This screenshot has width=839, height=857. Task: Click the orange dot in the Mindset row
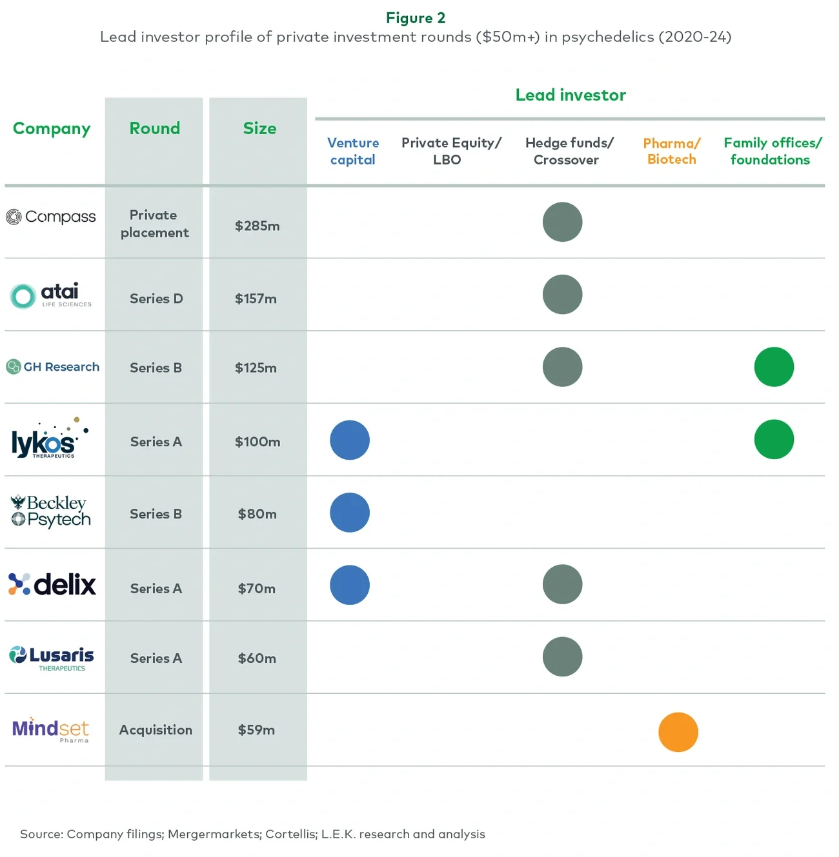[x=678, y=732]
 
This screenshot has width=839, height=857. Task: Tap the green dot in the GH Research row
[x=773, y=367]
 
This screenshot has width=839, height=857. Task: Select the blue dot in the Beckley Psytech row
[x=349, y=513]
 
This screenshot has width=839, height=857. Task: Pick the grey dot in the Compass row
[x=562, y=222]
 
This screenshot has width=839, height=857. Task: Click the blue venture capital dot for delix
[x=349, y=585]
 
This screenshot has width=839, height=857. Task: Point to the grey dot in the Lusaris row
[x=562, y=656]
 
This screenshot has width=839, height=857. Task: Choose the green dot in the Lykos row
[x=773, y=439]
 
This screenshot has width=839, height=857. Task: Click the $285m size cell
[x=257, y=226]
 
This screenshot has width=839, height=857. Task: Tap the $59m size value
[x=256, y=730]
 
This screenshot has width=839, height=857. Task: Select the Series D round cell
[x=156, y=299]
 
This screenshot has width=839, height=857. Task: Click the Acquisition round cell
[x=156, y=730]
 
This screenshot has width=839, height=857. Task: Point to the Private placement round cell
[x=154, y=224]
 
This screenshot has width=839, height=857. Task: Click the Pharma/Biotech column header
[x=671, y=151]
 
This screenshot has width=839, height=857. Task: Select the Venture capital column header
[x=352, y=151]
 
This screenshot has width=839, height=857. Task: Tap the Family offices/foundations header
[x=772, y=151]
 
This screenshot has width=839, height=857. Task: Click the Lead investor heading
[x=570, y=95]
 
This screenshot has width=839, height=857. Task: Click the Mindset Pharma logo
[x=50, y=730]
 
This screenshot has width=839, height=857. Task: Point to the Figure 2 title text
[x=416, y=18]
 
